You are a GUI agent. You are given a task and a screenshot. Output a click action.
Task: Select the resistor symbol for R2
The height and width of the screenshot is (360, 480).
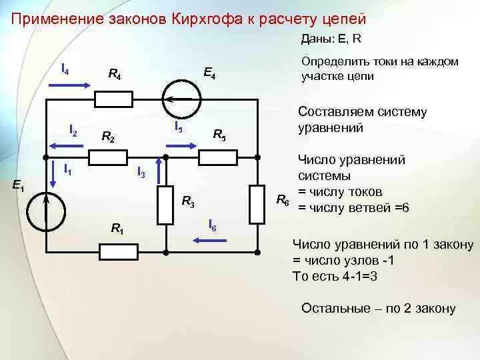[x=108, y=157]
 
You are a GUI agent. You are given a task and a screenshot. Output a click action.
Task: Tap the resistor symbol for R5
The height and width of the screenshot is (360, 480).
[x=217, y=157]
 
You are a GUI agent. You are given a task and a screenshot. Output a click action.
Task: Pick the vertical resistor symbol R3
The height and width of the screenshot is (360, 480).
[x=165, y=203]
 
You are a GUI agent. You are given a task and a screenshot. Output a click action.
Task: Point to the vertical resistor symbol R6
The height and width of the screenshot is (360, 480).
[x=257, y=203]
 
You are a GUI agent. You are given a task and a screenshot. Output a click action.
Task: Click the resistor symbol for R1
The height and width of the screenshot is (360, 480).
[x=118, y=251]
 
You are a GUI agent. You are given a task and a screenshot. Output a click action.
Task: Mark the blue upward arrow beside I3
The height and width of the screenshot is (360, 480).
[x=158, y=169]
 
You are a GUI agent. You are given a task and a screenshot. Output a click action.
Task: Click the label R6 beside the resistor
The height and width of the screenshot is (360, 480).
[x=283, y=199]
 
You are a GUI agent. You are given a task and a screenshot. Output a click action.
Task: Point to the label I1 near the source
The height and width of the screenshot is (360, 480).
[x=69, y=170]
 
